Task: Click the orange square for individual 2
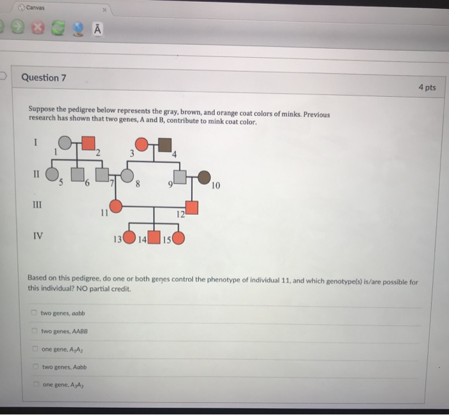(88, 142)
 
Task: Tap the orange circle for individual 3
(142, 144)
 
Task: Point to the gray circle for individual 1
(65, 142)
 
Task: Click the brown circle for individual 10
(204, 177)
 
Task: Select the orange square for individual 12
(191, 207)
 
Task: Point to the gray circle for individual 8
(128, 174)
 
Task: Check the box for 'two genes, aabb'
(33, 313)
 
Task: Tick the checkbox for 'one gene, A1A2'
(34, 350)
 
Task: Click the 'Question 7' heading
(44, 78)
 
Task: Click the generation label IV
(38, 235)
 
